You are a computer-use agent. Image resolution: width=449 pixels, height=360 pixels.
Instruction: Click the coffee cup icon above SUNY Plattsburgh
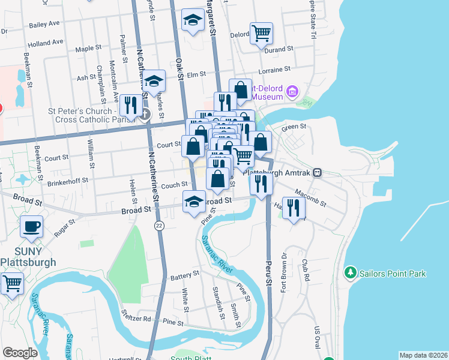(x=31, y=227)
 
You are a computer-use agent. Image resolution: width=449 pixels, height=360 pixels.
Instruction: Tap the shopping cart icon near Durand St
(x=262, y=33)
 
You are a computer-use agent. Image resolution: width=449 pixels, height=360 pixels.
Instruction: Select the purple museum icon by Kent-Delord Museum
(x=292, y=92)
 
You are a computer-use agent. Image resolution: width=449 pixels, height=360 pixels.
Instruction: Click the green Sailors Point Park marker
(x=350, y=274)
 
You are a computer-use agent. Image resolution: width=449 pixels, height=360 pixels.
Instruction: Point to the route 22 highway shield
(x=158, y=225)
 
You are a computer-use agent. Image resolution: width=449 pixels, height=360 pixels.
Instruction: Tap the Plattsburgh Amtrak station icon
(x=317, y=172)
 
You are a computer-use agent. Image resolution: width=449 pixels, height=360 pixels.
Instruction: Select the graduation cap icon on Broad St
(x=194, y=202)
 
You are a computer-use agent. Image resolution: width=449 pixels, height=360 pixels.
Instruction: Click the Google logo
(x=20, y=353)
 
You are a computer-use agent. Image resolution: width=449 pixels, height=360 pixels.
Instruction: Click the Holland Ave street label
(x=45, y=43)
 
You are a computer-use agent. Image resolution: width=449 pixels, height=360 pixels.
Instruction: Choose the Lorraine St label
(x=274, y=70)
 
